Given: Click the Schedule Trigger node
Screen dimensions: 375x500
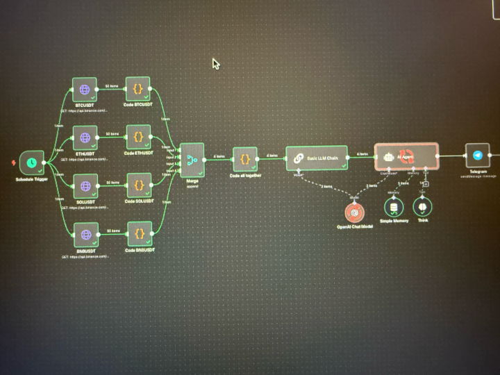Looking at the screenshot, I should pyautogui.click(x=31, y=163).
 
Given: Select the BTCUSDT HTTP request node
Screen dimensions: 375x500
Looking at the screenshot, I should pyautogui.click(x=85, y=90).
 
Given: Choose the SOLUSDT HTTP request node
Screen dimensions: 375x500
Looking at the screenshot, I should pyautogui.click(x=85, y=186).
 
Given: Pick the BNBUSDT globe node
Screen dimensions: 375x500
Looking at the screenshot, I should pyautogui.click(x=85, y=235).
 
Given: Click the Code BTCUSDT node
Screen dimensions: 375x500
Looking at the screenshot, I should pyautogui.click(x=137, y=90).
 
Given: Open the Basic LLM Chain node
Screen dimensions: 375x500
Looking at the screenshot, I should pyautogui.click(x=316, y=158).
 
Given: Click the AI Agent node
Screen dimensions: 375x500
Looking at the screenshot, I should pyautogui.click(x=406, y=157).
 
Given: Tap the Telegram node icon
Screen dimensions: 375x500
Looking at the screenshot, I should pyautogui.click(x=477, y=156).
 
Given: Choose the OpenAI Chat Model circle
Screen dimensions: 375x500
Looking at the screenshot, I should pyautogui.click(x=355, y=212).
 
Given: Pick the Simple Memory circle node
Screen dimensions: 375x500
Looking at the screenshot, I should pyautogui.click(x=394, y=208).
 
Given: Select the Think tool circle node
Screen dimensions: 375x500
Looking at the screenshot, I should pyautogui.click(x=422, y=207).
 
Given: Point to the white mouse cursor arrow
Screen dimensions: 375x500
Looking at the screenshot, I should pyautogui.click(x=215, y=63).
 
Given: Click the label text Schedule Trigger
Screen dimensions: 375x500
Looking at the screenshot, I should pyautogui.click(x=32, y=179).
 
